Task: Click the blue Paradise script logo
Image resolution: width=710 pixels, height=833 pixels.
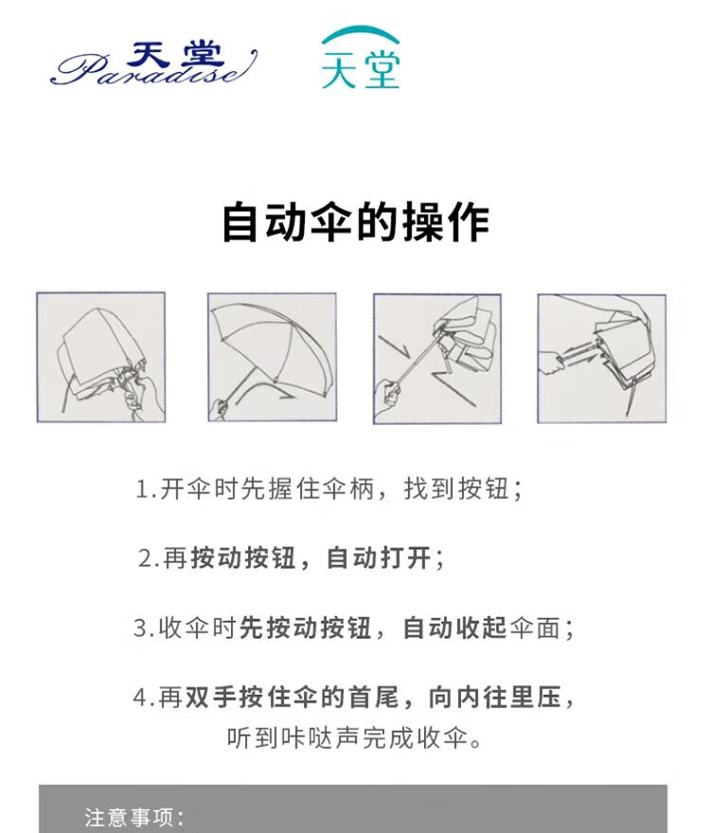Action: (154, 63)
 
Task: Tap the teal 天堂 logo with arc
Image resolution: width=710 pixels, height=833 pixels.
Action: (361, 58)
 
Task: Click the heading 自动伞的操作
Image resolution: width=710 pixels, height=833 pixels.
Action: (355, 222)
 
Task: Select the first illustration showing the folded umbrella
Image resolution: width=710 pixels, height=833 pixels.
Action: (101, 357)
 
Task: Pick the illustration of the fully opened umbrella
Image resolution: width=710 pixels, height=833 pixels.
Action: (272, 357)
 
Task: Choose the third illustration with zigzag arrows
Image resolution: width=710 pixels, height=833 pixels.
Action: (437, 359)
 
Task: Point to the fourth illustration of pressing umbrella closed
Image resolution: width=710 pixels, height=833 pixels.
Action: (601, 359)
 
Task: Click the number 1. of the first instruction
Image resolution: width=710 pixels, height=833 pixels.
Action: (146, 489)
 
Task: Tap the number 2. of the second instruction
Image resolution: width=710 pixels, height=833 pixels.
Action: (149, 558)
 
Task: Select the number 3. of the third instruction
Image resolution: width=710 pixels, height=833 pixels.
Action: (144, 629)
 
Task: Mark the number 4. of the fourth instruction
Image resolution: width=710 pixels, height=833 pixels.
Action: (144, 698)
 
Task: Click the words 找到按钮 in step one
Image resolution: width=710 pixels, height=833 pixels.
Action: (457, 488)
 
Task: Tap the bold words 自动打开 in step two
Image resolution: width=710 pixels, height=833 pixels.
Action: (379, 558)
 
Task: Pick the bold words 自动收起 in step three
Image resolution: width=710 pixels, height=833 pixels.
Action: (455, 628)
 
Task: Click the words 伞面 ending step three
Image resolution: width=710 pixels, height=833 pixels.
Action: (534, 628)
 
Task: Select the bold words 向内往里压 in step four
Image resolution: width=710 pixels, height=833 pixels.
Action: (495, 698)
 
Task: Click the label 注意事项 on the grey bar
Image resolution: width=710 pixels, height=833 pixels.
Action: (129, 818)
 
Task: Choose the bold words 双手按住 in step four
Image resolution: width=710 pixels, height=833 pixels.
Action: (238, 698)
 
